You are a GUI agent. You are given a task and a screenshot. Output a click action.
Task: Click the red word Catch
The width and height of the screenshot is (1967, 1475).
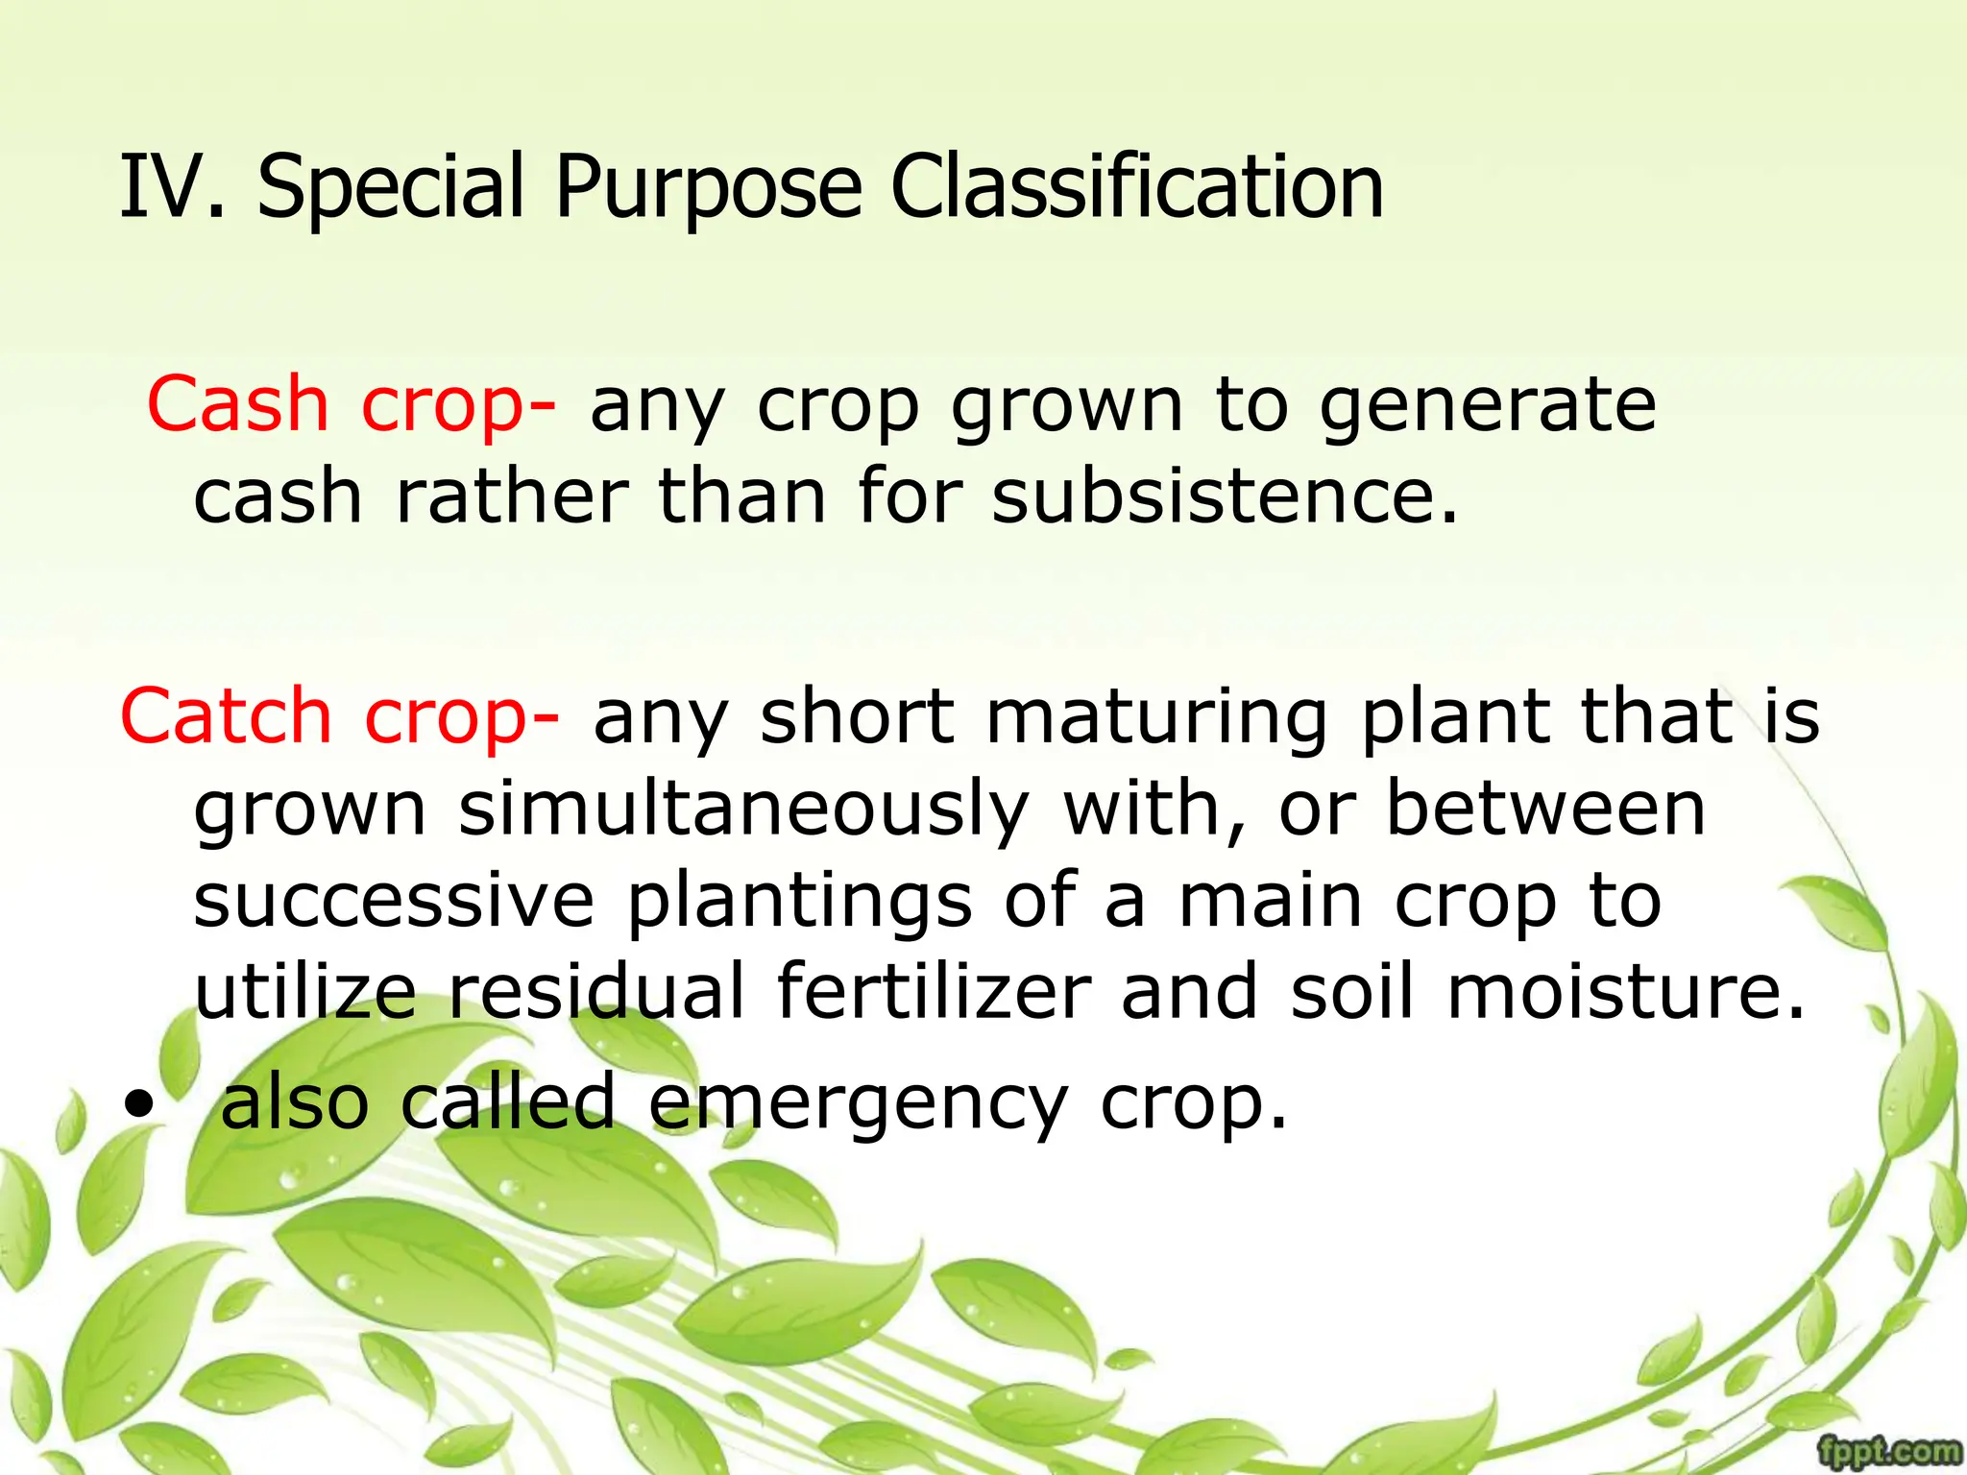click(x=226, y=716)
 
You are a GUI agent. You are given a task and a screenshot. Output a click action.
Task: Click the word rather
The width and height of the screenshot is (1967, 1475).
click(x=512, y=496)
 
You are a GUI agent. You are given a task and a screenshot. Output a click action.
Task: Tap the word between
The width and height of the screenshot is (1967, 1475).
click(x=1545, y=809)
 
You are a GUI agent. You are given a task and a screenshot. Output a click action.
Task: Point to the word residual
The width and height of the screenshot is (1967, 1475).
click(x=596, y=991)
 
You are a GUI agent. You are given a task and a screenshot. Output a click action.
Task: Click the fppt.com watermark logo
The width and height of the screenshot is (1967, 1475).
click(x=1889, y=1451)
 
